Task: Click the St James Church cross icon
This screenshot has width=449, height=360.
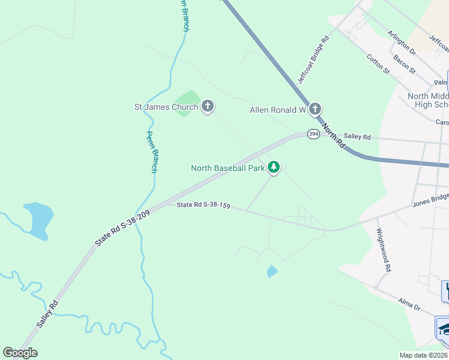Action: click(208, 107)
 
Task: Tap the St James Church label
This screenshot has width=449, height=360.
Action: click(166, 107)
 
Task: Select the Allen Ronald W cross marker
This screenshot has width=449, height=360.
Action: click(315, 109)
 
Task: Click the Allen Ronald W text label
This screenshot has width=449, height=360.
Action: click(278, 110)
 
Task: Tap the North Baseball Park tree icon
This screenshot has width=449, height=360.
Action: click(274, 167)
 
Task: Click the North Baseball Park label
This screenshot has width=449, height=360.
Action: click(228, 169)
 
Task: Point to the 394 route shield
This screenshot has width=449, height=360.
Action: click(313, 134)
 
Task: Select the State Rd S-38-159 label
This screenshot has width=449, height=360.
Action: click(203, 205)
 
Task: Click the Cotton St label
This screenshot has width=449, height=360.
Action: click(378, 64)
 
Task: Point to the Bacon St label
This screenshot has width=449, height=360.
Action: click(404, 62)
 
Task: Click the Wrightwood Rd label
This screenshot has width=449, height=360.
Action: click(384, 250)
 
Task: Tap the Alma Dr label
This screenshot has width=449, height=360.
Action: click(409, 302)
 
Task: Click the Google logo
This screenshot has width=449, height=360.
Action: click(20, 353)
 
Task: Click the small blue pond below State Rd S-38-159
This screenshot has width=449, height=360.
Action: click(272, 272)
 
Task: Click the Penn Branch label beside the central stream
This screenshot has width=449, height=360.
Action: click(152, 152)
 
